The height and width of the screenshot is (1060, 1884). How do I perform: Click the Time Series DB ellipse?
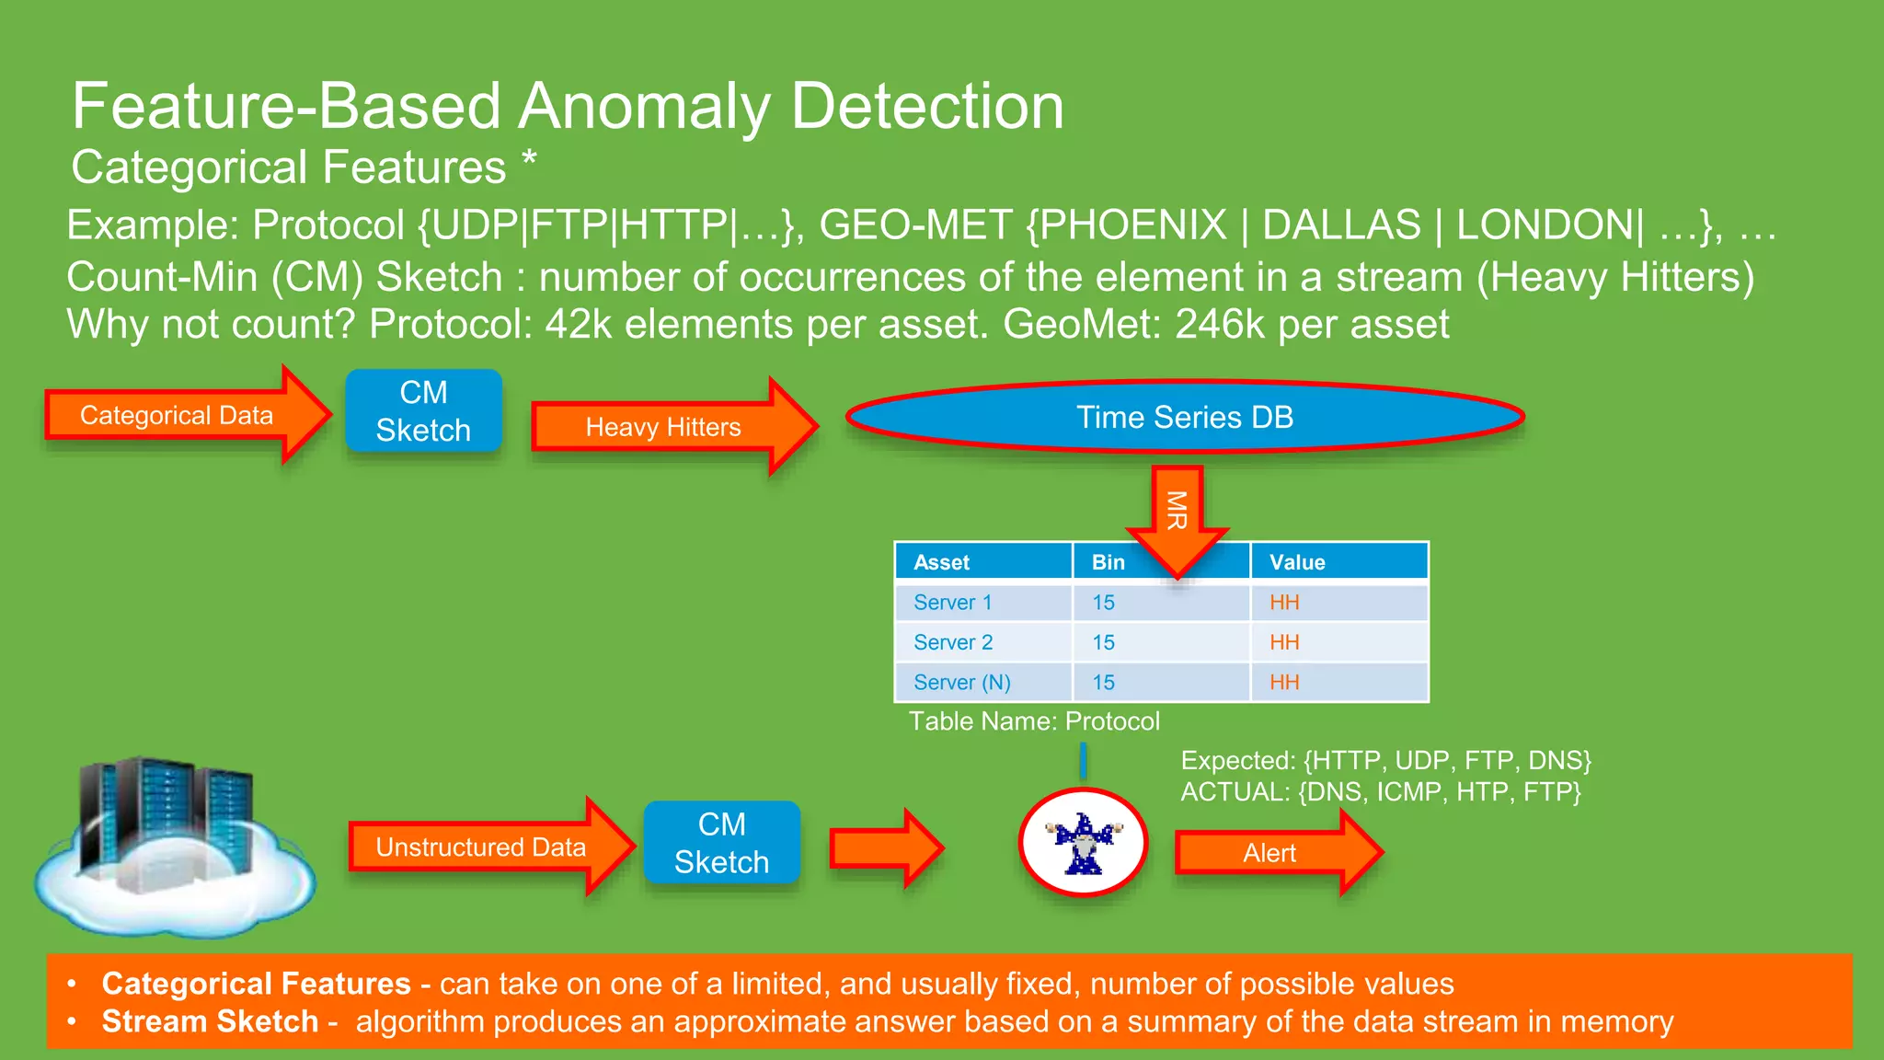(x=1185, y=417)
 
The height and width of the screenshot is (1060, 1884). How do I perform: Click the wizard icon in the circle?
(x=1084, y=842)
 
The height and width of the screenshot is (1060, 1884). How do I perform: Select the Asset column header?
(x=942, y=562)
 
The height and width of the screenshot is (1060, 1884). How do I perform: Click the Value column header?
(x=1297, y=562)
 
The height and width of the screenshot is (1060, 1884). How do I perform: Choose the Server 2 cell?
(x=953, y=642)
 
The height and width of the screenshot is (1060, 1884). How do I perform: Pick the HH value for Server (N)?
(x=1284, y=683)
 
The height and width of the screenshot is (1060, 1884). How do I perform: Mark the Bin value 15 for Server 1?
(x=1103, y=603)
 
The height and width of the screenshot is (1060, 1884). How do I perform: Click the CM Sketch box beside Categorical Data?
(x=423, y=411)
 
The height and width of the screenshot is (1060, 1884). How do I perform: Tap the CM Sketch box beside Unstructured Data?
(x=721, y=843)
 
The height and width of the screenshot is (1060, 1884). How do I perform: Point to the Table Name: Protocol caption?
(x=1034, y=721)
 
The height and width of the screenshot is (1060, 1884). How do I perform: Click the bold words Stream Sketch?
(x=210, y=1021)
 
